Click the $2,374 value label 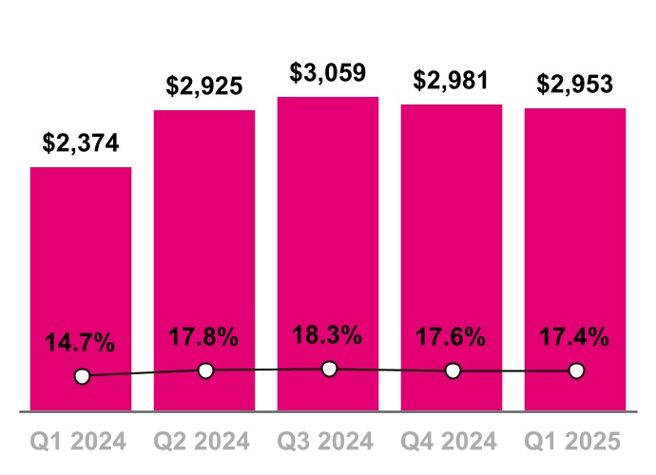point(81,143)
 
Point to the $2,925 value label point(204,86)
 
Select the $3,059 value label point(328,73)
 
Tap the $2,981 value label point(452,81)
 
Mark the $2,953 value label point(575,85)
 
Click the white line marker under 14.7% point(82,376)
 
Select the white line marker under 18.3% point(329,369)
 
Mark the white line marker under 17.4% point(576,370)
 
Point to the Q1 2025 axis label point(576,442)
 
